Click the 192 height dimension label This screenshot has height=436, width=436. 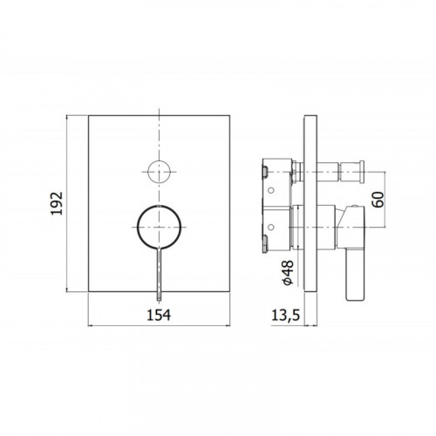57,203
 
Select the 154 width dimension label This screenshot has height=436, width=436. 159,315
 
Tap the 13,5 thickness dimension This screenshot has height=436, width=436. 286,316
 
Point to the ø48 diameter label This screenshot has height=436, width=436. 288,273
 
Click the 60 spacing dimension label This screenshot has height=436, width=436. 378,200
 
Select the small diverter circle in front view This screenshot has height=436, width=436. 159,172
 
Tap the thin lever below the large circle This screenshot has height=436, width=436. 159,275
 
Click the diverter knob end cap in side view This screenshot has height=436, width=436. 362,172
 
